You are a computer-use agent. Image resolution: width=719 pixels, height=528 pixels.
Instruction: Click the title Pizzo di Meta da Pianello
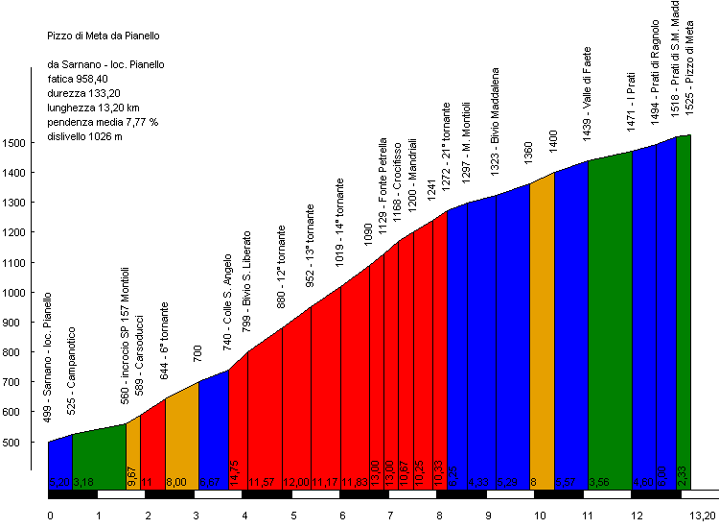point(104,36)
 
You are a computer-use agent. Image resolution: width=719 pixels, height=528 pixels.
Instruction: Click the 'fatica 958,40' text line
point(80,80)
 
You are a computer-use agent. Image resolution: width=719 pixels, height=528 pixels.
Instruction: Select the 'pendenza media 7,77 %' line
point(103,123)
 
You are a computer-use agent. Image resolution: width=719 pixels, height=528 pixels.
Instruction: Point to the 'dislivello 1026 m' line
point(85,137)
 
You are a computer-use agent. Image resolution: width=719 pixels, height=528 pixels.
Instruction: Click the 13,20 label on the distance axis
point(704,516)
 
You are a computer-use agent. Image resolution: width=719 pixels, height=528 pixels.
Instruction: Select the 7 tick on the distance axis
point(391,516)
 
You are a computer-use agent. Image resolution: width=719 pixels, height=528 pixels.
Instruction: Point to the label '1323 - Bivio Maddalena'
point(496,119)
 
